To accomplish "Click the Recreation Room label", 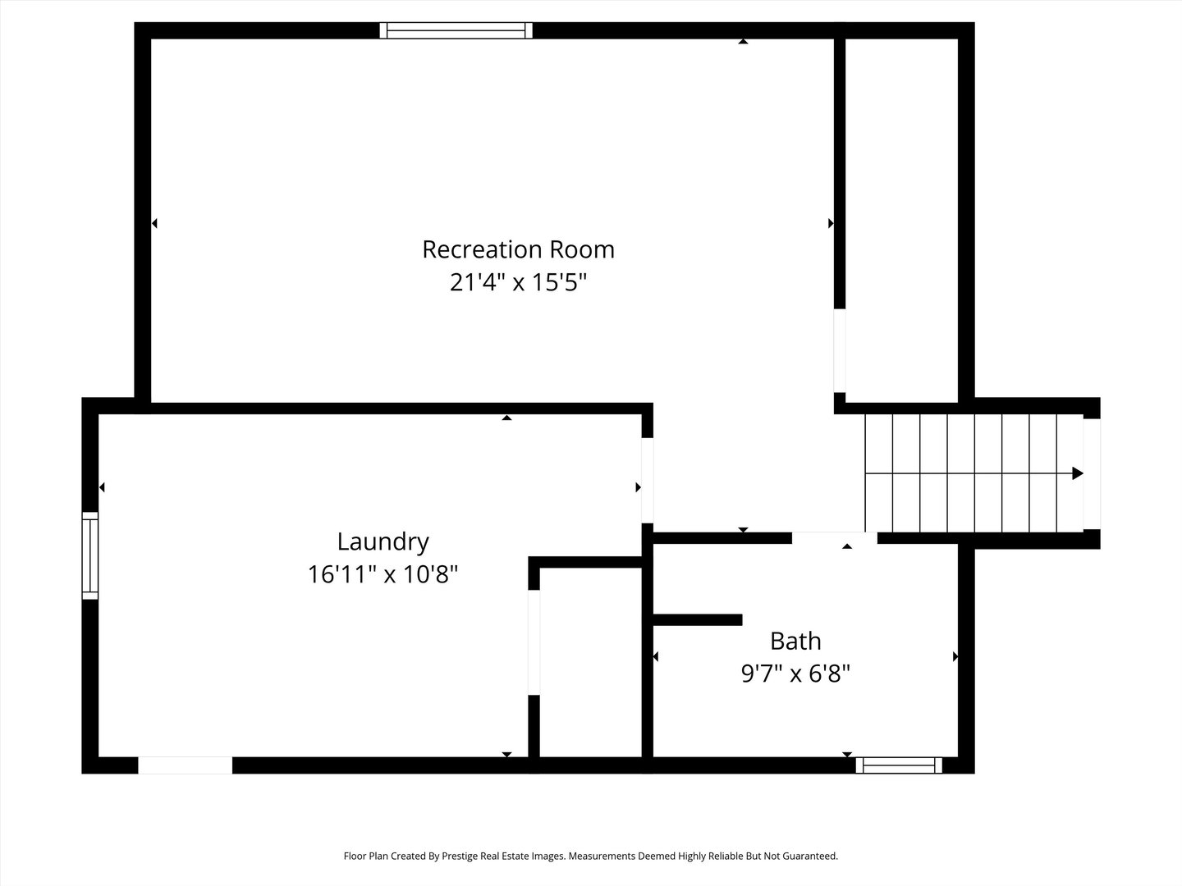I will [518, 249].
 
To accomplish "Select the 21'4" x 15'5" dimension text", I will [518, 283].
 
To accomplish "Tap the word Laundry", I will [383, 541].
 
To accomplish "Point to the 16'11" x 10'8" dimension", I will [383, 574].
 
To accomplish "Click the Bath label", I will [795, 641].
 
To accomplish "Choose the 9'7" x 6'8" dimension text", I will [795, 674].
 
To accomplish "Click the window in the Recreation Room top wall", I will [456, 30].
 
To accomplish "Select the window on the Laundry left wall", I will [89, 555].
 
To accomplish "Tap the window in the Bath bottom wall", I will [899, 765].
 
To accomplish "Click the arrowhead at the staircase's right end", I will [1078, 473].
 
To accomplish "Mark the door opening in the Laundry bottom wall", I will [185, 765].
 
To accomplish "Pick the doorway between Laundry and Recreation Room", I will [648, 480].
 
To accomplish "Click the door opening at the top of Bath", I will [834, 538].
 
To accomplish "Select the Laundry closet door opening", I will [534, 642].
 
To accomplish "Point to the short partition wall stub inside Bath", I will [698, 619].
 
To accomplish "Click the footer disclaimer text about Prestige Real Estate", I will [590, 856].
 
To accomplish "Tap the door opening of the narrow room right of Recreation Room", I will [840, 350].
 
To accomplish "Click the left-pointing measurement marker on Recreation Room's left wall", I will [154, 223].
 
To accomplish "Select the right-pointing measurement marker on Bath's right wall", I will [955, 656].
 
